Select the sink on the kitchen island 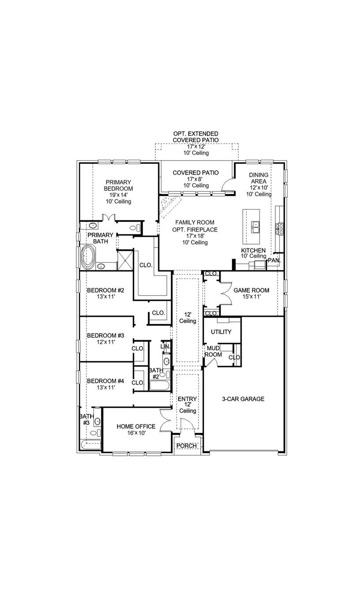coord(255,226)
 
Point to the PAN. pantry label coord(274,260)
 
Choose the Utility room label coord(221,332)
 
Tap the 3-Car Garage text coord(243,399)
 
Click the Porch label coord(187,446)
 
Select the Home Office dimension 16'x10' coord(135,433)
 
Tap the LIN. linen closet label coord(165,347)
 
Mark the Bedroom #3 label coord(105,335)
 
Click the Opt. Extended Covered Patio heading coord(195,136)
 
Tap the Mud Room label coord(214,351)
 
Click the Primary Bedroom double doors coord(108,218)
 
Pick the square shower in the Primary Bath coord(125,259)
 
